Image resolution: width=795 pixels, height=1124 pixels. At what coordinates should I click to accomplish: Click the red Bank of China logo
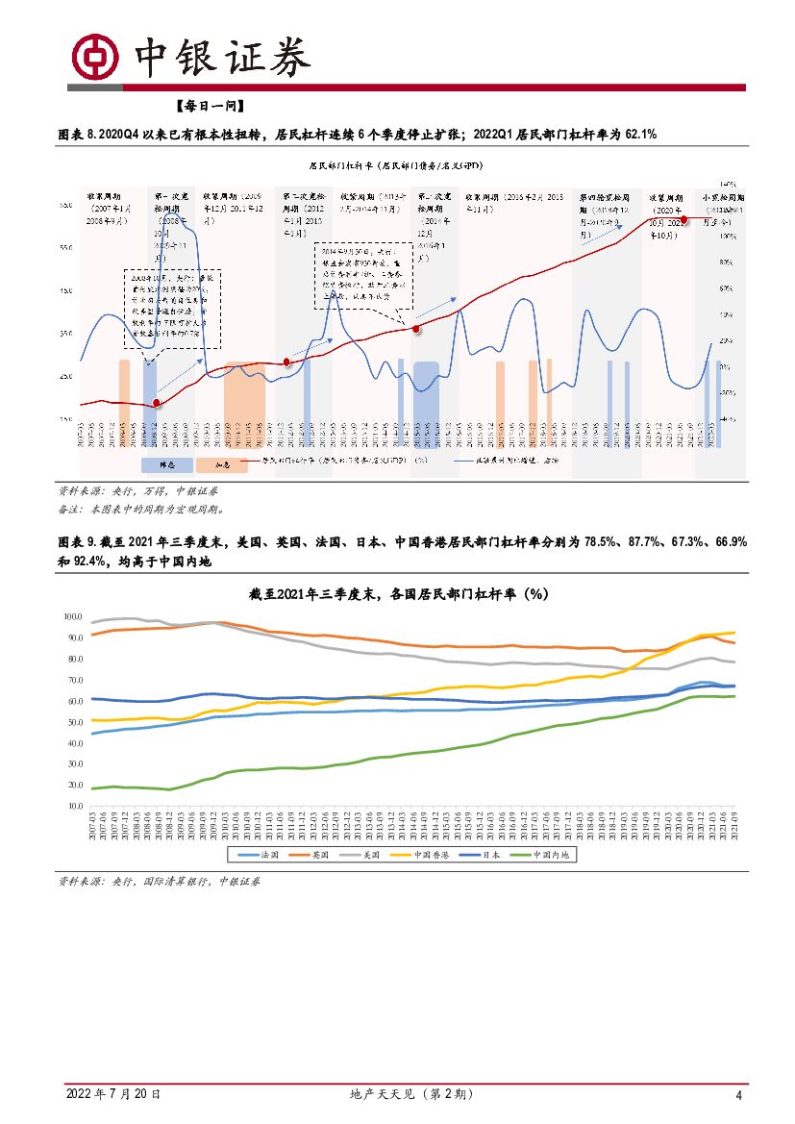(97, 58)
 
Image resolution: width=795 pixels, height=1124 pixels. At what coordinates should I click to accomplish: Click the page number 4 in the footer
(738, 1095)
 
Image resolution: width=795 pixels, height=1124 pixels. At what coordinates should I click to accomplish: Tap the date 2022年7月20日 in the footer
(112, 1094)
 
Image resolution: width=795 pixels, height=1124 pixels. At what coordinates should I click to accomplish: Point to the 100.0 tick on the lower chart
(72, 616)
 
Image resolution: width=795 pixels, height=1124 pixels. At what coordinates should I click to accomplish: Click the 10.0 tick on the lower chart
(74, 807)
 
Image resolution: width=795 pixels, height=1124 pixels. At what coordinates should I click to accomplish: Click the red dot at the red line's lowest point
(158, 405)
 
